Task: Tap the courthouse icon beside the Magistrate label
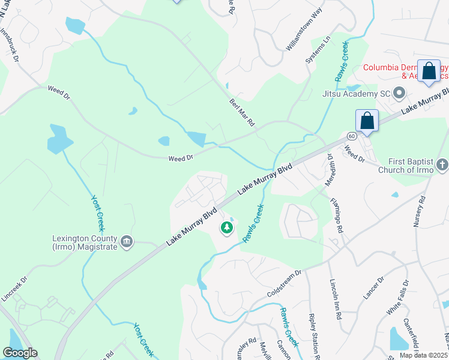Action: [127, 242]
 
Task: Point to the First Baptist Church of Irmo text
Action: [405, 166]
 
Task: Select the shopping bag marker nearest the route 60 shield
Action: [367, 121]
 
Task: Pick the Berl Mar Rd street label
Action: [243, 112]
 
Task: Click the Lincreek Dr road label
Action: [14, 288]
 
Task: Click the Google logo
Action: [20, 353]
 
